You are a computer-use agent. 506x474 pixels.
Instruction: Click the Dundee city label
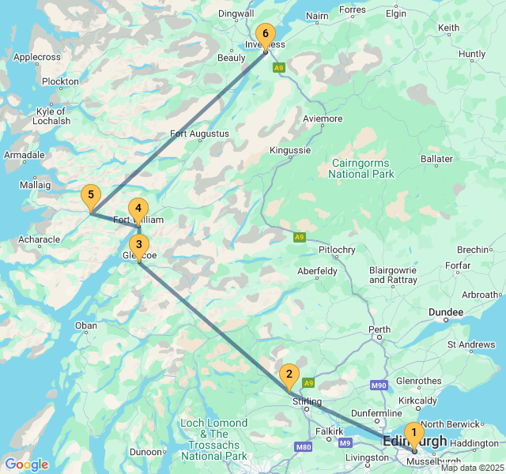[x=446, y=313]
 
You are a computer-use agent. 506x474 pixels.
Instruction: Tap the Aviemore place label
[x=323, y=119]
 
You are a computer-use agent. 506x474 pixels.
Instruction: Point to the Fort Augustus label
[x=199, y=134]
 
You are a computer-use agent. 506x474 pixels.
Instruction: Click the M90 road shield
[x=379, y=385]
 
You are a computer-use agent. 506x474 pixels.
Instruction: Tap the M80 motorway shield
[x=303, y=447]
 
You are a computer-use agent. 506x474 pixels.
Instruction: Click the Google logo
[x=26, y=465]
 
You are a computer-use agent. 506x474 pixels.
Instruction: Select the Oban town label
[x=85, y=325]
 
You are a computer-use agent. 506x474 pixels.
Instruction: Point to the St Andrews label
[x=471, y=344]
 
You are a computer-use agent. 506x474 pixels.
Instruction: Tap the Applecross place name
[x=37, y=58]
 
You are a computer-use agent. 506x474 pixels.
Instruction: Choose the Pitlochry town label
[x=337, y=250]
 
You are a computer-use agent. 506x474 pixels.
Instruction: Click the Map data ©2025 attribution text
[x=472, y=468]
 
